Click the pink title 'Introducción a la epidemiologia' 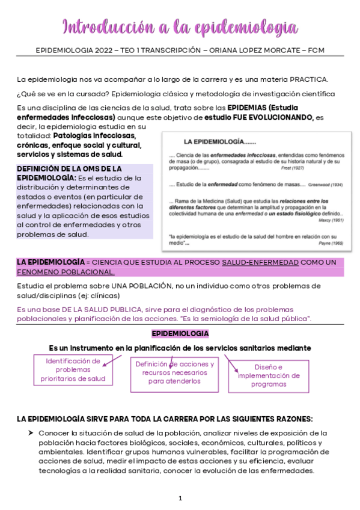(x=180, y=26)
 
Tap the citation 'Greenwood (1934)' (x=329, y=184)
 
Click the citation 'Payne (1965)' (x=329, y=243)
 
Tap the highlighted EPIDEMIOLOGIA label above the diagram (x=180, y=333)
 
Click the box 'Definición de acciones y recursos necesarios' (x=174, y=372)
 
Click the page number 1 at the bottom (x=180, y=498)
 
